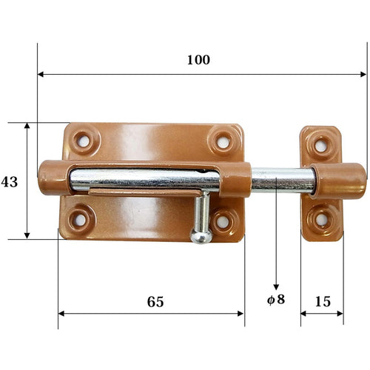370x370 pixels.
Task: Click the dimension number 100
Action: click(198, 59)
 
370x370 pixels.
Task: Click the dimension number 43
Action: click(10, 181)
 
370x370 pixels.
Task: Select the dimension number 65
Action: click(155, 301)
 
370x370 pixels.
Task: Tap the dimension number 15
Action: click(322, 301)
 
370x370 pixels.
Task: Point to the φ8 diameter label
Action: click(276, 301)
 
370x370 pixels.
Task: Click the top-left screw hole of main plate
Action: click(84, 139)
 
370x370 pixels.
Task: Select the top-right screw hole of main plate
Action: click(222, 139)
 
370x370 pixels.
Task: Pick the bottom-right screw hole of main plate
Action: click(223, 220)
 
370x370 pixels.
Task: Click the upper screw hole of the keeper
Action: click(321, 145)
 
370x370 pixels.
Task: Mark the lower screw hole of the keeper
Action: click(321, 219)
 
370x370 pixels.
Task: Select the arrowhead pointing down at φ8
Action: click(276, 286)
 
